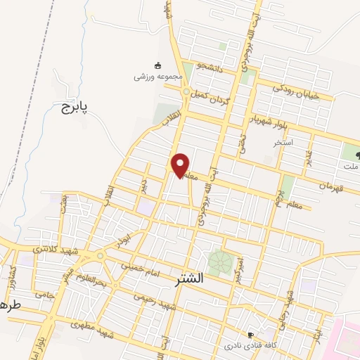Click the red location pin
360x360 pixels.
click(x=181, y=165)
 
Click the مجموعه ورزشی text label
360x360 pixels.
click(x=159, y=75)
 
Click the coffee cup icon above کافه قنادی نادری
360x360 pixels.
click(x=251, y=335)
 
